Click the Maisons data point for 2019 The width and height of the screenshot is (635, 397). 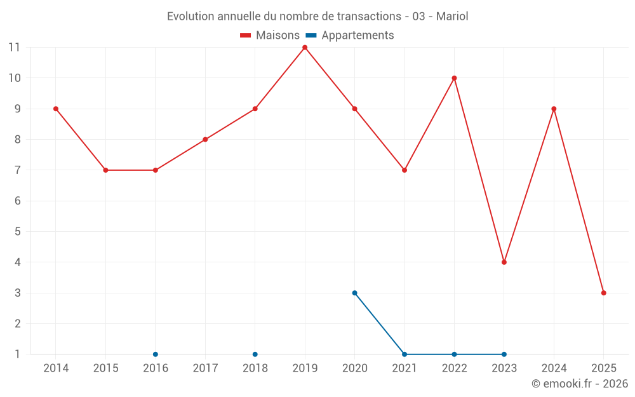pyautogui.click(x=305, y=48)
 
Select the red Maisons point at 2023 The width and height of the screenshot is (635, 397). pyautogui.click(x=504, y=262)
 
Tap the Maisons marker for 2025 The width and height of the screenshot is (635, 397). pyautogui.click(x=604, y=293)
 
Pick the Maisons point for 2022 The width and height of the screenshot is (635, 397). pyautogui.click(x=454, y=78)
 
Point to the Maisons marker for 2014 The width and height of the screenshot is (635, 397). pyautogui.click(x=56, y=109)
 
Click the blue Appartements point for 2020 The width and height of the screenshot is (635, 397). pyautogui.click(x=354, y=293)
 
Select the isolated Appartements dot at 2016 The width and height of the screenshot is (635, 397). pyautogui.click(x=156, y=354)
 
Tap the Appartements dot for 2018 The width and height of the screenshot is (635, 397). pyautogui.click(x=255, y=354)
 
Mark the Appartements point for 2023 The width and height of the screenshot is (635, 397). pyautogui.click(x=504, y=354)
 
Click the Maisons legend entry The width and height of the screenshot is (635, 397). pyautogui.click(x=270, y=36)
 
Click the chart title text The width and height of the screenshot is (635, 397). pyautogui.click(x=317, y=17)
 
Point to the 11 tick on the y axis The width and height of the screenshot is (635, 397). pyautogui.click(x=14, y=48)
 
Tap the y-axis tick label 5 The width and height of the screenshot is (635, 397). pyautogui.click(x=17, y=232)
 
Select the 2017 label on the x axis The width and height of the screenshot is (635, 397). pyautogui.click(x=205, y=368)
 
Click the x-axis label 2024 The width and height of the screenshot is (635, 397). pyautogui.click(x=554, y=368)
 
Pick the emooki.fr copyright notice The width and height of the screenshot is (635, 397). pyautogui.click(x=579, y=384)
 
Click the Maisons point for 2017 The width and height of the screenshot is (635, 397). pyautogui.click(x=205, y=140)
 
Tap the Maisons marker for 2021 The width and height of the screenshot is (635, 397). pyautogui.click(x=404, y=170)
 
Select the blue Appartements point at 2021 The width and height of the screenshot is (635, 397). pyautogui.click(x=404, y=354)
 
